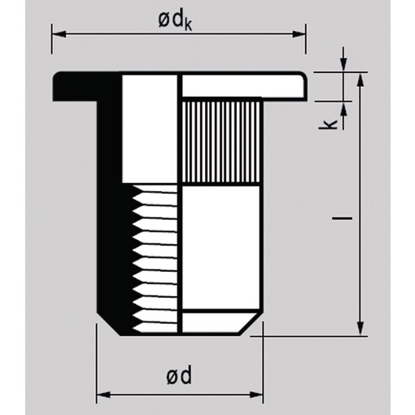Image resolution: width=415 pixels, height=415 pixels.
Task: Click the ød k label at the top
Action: click(175, 20)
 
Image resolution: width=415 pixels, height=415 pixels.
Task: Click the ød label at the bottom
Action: click(179, 374)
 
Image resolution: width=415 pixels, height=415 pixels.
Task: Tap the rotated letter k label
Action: click(327, 124)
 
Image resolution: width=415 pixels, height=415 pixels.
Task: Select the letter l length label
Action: click(343, 217)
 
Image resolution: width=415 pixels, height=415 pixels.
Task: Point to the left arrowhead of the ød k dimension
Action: click(59, 34)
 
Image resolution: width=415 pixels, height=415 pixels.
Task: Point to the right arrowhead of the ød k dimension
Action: click(299, 34)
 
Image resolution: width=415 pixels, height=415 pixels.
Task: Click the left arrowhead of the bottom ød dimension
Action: click(103, 395)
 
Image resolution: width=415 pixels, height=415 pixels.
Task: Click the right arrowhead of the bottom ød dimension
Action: click(256, 395)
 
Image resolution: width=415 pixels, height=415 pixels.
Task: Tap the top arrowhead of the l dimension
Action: click(360, 80)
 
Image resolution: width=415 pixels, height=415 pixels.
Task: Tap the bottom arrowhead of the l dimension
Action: click(360, 329)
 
